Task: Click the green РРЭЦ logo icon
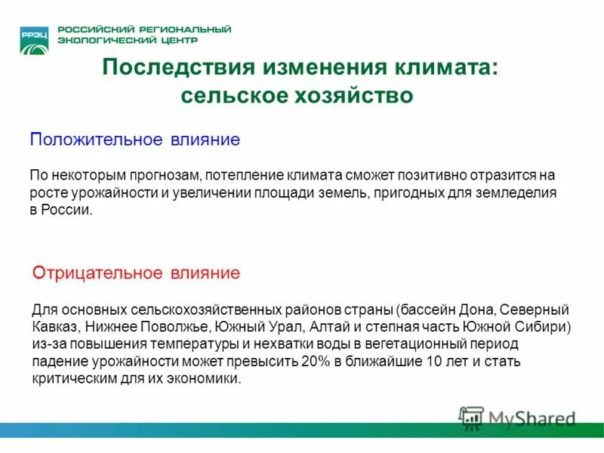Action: (x=35, y=39)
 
